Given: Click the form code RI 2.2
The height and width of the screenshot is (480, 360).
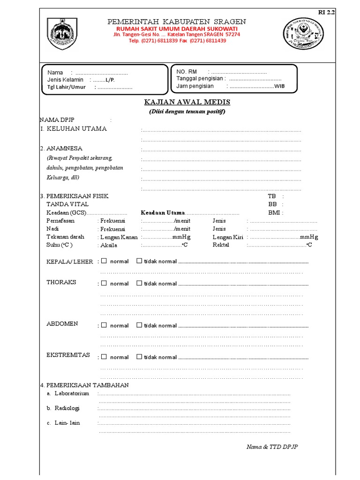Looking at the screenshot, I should tap(327, 13).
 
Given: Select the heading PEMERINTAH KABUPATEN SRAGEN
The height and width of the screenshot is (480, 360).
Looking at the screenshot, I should tap(176, 22).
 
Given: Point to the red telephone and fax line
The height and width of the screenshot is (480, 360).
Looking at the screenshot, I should tap(178, 41).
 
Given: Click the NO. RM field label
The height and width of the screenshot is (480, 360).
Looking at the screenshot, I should tap(187, 71).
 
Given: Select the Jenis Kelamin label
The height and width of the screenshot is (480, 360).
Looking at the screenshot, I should tap(65, 80).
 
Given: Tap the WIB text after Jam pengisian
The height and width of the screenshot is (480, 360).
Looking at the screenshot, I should tap(279, 86).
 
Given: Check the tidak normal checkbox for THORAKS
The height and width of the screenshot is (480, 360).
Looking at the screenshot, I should tap(139, 283).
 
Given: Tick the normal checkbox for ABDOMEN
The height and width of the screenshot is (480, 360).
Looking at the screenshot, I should tap(104, 325).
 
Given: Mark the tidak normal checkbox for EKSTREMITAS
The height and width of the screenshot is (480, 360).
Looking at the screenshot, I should tap(139, 357).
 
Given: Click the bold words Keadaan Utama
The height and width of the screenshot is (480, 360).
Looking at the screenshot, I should tap(163, 213).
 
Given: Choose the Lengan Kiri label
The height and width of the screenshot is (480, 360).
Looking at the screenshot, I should tap(227, 237).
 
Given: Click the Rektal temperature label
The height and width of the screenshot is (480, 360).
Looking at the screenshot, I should tap(221, 245).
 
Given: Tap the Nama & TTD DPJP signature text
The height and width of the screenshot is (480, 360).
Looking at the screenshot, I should tap(272, 447).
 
